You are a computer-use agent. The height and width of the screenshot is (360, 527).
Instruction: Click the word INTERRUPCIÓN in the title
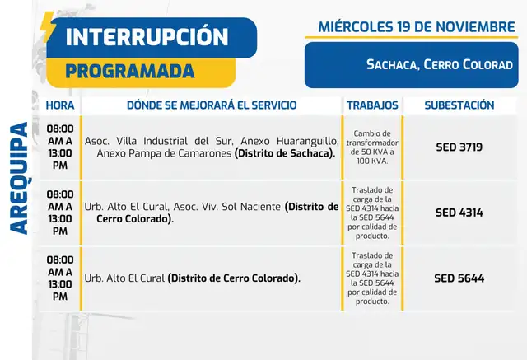146,37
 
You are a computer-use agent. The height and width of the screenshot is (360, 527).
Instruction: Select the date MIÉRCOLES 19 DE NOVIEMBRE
417,27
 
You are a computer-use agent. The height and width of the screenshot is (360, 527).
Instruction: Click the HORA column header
59,105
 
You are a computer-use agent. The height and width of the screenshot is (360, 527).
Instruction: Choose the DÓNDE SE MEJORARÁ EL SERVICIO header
211,105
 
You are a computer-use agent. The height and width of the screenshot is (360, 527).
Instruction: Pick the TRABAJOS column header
372,105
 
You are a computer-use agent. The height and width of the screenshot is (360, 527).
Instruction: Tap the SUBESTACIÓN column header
459,105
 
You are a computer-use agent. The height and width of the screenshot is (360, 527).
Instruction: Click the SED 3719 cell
459,147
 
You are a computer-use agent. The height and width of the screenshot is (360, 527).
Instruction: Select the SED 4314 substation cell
459,213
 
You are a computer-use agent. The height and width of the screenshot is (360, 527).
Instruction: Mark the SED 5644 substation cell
459,278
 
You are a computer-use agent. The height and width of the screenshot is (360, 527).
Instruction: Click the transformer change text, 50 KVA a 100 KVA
372,147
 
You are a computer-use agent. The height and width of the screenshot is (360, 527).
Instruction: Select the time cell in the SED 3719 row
59,147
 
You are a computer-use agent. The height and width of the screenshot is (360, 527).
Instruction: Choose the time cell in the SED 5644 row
59,278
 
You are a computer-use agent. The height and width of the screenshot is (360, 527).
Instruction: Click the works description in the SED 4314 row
372,213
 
